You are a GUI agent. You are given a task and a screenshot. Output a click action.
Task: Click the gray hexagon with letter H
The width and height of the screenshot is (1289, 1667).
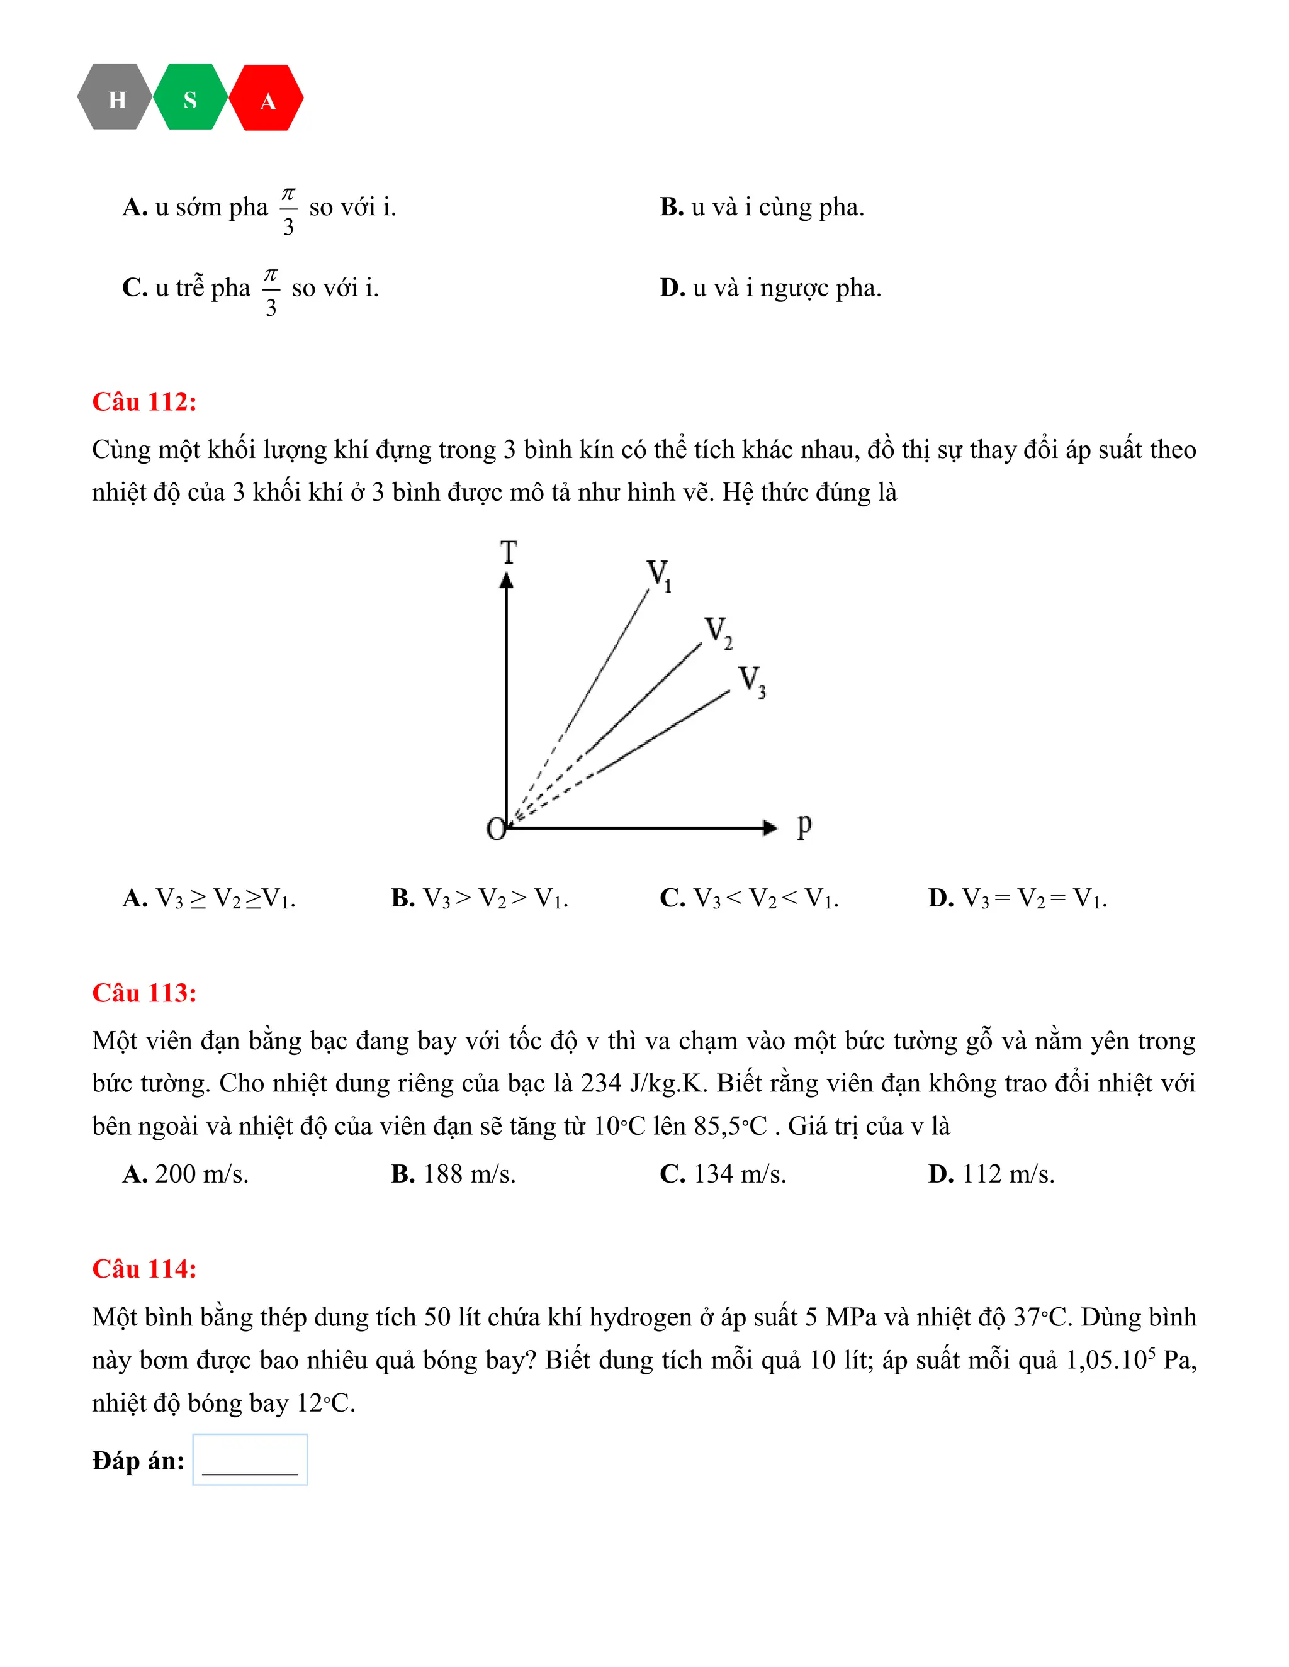click(x=115, y=98)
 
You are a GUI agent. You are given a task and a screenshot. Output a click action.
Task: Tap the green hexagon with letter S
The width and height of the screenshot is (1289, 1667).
click(x=190, y=98)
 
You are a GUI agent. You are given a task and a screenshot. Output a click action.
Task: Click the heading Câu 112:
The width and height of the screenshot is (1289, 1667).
click(x=144, y=401)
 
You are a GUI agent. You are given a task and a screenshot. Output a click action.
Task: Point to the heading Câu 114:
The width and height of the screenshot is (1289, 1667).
click(x=144, y=1269)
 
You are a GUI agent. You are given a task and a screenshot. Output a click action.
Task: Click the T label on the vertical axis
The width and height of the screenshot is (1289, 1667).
click(x=509, y=552)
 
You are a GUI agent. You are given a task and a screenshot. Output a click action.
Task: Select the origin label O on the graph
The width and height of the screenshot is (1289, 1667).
click(x=495, y=829)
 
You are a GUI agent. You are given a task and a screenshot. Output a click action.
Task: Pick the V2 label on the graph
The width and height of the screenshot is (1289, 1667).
click(x=718, y=632)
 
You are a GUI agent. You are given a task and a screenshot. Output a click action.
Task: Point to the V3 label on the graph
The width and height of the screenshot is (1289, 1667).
click(x=751, y=680)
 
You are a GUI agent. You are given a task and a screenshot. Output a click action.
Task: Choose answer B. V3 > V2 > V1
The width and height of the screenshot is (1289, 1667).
click(x=480, y=898)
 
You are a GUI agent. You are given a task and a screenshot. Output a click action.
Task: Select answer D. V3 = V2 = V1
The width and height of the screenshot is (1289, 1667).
click(x=1017, y=898)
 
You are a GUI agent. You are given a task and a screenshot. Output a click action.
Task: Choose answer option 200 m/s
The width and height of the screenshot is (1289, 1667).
click(x=186, y=1174)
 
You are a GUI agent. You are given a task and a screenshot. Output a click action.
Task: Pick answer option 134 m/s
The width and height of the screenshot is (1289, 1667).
click(x=723, y=1174)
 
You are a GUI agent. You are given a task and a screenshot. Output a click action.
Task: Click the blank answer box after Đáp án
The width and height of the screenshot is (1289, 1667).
click(x=250, y=1459)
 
